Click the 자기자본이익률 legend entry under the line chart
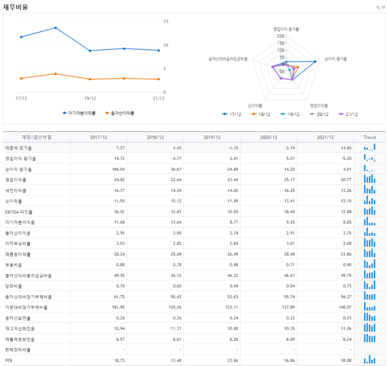[x=81, y=113]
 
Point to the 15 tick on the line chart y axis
[x=166, y=22]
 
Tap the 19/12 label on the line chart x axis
[x=90, y=98]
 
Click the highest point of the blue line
[x=55, y=28]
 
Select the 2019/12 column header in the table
[x=212, y=137]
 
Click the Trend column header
[x=370, y=137]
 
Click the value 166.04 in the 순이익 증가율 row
[x=104, y=169]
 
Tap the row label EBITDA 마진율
[x=19, y=212]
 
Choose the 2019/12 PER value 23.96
[x=227, y=361]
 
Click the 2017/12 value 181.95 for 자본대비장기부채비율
[x=104, y=307]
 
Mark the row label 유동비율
[x=14, y=265]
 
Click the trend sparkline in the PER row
[x=370, y=360]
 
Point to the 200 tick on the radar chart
[x=281, y=36]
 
